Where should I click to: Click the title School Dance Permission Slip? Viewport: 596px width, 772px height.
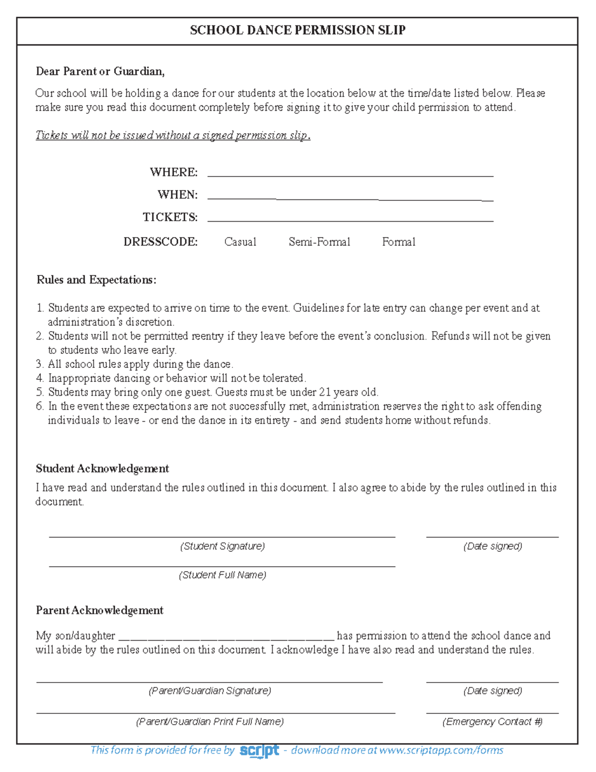(298, 30)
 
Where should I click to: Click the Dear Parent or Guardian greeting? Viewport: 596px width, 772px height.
(100, 72)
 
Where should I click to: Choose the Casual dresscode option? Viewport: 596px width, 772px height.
(240, 242)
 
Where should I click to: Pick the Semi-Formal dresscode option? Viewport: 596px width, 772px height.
(319, 242)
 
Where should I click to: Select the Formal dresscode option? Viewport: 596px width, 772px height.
(398, 242)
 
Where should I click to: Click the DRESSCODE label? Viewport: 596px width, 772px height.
(160, 242)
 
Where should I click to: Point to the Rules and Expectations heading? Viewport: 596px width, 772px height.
(96, 280)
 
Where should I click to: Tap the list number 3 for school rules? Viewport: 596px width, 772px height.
(40, 364)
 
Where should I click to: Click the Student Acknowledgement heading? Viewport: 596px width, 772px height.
(102, 469)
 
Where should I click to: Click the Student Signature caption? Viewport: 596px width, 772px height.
(222, 546)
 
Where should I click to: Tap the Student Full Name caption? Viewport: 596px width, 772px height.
(222, 575)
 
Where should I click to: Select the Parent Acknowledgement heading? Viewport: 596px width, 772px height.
(99, 610)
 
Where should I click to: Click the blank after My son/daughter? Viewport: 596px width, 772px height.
(226, 637)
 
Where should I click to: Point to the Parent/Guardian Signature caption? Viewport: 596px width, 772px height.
(210, 691)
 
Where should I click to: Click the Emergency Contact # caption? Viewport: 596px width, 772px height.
(492, 722)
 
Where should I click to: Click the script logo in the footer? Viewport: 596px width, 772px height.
(259, 751)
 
